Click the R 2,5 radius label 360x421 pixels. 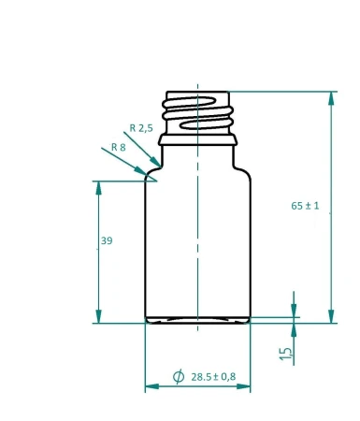point(140,127)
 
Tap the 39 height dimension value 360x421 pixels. point(106,241)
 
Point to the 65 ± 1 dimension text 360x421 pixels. point(305,206)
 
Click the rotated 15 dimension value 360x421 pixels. point(286,353)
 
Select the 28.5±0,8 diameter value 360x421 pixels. point(213,377)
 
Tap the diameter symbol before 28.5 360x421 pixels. point(179,377)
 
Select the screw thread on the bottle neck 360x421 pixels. point(198,112)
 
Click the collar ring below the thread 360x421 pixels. point(198,140)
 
